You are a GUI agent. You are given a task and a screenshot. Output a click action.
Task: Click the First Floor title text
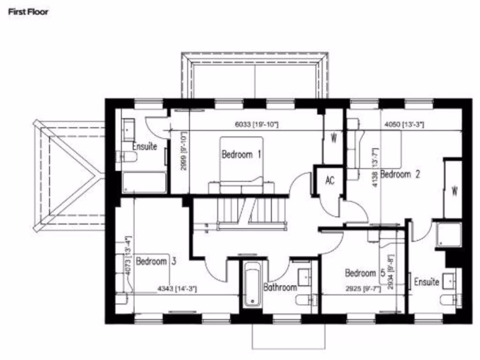click(x=28, y=12)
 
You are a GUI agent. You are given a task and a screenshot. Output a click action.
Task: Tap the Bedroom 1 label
click(x=241, y=155)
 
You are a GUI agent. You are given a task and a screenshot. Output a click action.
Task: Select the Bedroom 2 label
click(x=400, y=174)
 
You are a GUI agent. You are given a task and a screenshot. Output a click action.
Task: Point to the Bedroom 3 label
click(x=156, y=262)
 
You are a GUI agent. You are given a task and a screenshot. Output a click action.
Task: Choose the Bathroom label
click(x=280, y=287)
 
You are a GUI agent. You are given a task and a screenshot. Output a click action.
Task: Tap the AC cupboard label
click(x=330, y=180)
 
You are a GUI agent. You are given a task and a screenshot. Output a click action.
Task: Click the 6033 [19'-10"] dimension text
click(x=256, y=125)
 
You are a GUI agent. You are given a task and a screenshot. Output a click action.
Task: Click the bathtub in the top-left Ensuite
click(x=144, y=182)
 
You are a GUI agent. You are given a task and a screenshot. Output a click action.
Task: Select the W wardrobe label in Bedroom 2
click(x=454, y=192)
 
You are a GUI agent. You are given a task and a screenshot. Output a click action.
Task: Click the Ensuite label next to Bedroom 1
click(x=144, y=146)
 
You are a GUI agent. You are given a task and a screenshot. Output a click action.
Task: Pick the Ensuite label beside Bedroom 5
click(x=426, y=282)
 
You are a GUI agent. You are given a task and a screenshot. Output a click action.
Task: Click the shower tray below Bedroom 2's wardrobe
click(x=446, y=234)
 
